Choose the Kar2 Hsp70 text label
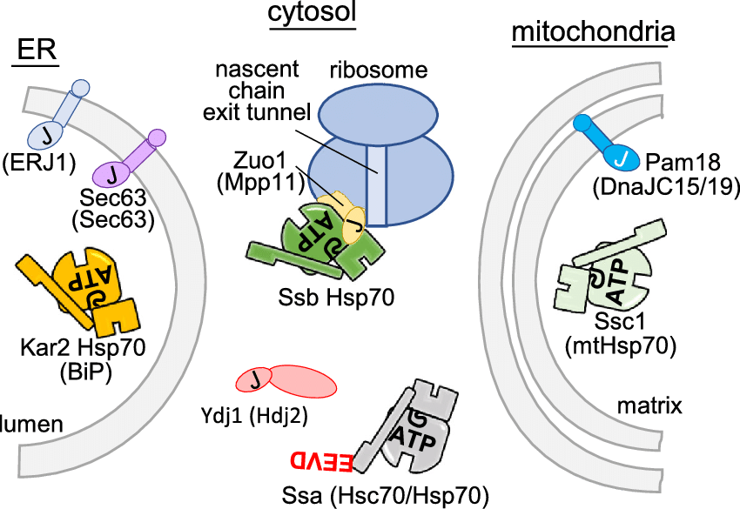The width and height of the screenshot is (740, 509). tap(83, 349)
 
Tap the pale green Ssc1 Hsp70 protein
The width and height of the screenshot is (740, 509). tap(609, 278)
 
